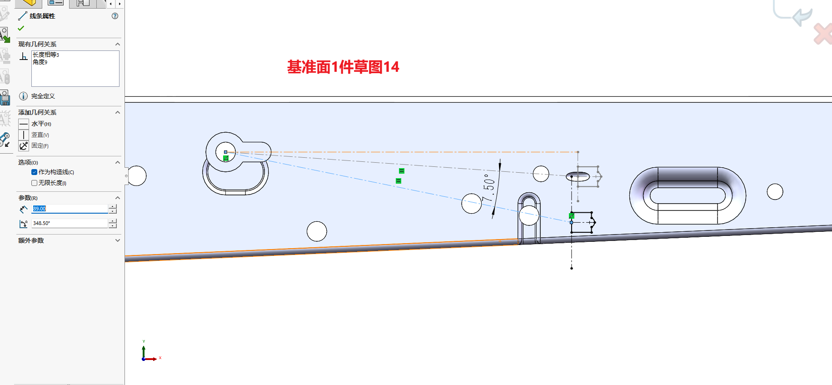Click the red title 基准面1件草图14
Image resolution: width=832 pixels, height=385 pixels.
coord(343,67)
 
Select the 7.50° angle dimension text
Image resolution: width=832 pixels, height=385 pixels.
coord(488,188)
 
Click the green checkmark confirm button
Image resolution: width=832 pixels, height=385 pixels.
coord(21,28)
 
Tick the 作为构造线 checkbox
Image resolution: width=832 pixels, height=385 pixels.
coord(35,172)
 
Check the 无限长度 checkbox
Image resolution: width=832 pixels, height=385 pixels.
coord(35,183)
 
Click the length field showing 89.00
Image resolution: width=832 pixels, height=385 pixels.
coord(70,209)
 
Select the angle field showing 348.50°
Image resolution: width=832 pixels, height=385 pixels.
coord(70,223)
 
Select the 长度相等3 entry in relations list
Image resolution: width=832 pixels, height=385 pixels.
coord(46,55)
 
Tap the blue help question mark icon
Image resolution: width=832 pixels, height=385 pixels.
coord(115,16)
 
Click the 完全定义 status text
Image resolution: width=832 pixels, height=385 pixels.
coord(43,96)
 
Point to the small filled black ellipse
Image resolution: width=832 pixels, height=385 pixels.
coord(578,176)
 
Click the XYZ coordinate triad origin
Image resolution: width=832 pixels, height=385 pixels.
coord(144,359)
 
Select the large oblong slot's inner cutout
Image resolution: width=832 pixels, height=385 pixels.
coord(688,196)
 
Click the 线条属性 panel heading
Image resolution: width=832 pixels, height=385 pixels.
coord(42,16)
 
